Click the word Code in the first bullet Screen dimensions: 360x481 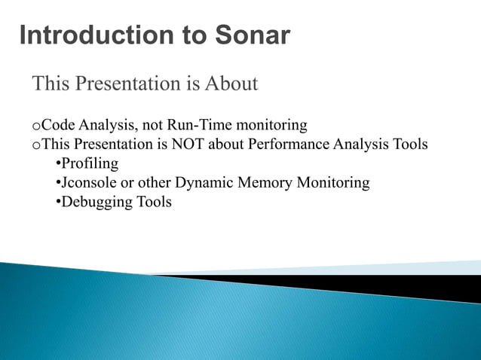point(55,124)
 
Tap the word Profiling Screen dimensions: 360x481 point(90,163)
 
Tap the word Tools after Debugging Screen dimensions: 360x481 point(155,203)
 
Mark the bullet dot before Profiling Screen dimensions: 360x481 point(59,164)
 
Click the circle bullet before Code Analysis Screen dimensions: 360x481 point(35,125)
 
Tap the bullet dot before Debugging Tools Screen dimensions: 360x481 point(59,203)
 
